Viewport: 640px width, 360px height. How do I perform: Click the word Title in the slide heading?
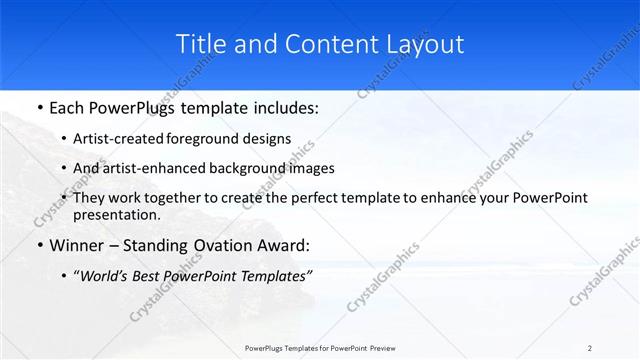click(x=199, y=45)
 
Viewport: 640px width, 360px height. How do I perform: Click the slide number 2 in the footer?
click(x=590, y=347)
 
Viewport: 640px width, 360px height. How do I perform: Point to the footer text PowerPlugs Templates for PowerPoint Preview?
click(x=320, y=347)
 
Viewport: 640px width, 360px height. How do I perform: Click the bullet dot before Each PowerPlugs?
click(x=38, y=108)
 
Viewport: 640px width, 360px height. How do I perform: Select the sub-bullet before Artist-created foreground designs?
click(x=65, y=138)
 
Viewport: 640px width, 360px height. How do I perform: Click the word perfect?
click(x=298, y=198)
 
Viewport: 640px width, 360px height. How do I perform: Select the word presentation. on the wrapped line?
click(x=117, y=214)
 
